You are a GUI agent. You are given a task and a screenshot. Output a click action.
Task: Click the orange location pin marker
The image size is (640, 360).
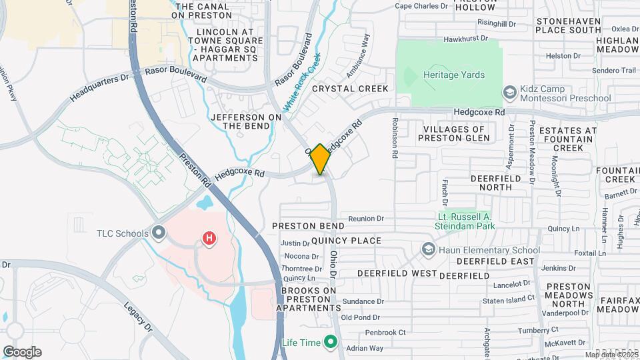click(320, 159)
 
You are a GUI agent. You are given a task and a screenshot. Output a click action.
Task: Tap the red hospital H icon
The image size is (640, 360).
click(209, 238)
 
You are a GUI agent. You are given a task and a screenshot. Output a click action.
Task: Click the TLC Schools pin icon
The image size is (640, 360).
click(159, 233)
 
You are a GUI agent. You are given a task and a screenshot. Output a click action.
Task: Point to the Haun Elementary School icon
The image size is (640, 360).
click(428, 250)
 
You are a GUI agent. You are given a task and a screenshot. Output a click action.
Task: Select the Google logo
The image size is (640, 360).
click(22, 351)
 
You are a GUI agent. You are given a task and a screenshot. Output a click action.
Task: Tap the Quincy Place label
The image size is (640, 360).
click(346, 241)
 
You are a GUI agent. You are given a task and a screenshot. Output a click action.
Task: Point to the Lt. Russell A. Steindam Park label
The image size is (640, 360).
click(475, 221)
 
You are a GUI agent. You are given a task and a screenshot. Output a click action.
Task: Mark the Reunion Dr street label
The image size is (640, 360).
click(367, 219)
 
